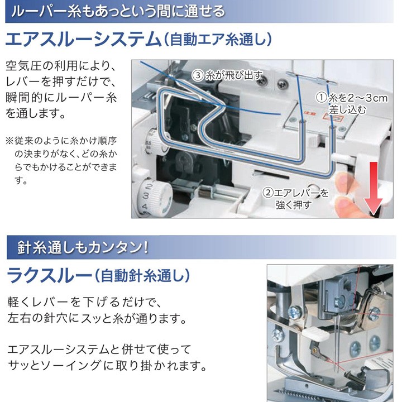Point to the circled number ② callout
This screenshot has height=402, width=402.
tap(268, 193)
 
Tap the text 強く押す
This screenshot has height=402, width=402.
tap(293, 204)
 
